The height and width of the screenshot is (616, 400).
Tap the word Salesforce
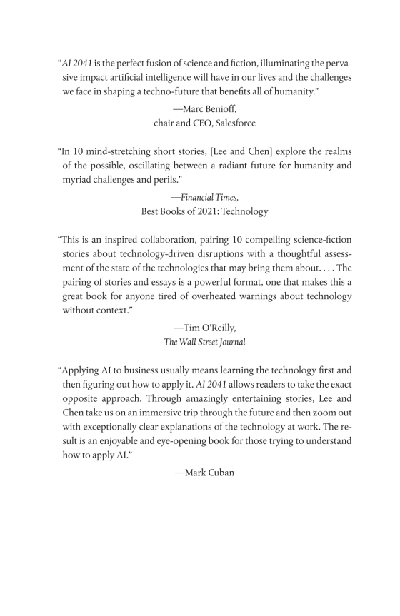coord(234,123)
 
